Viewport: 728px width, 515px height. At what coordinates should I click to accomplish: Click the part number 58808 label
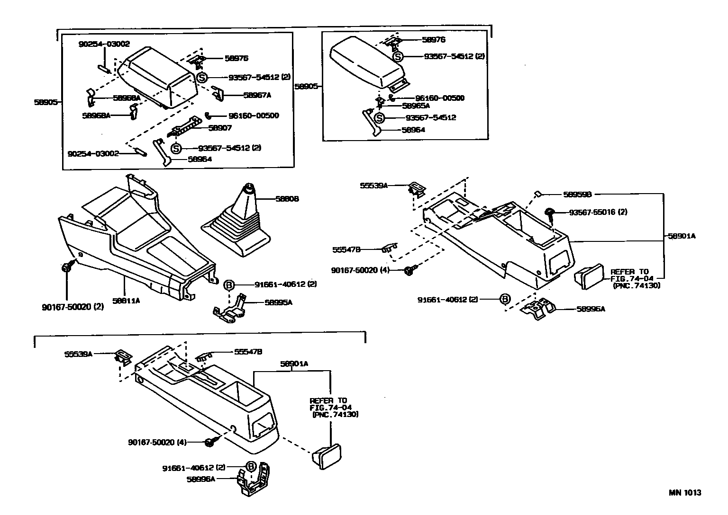287,199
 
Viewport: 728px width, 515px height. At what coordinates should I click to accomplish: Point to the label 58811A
126,300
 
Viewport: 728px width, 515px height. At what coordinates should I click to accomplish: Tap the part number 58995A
278,302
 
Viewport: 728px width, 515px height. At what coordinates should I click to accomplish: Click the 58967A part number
257,95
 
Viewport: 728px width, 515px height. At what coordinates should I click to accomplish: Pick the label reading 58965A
416,106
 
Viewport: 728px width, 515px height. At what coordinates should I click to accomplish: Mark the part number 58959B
577,194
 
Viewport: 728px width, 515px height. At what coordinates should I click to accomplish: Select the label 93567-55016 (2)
598,212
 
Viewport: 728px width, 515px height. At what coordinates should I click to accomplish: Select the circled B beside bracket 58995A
229,285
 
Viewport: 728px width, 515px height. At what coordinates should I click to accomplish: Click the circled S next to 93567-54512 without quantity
379,118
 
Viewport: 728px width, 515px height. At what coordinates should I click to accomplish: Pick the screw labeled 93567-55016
551,213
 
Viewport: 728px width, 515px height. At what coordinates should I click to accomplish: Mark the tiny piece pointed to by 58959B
538,194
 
